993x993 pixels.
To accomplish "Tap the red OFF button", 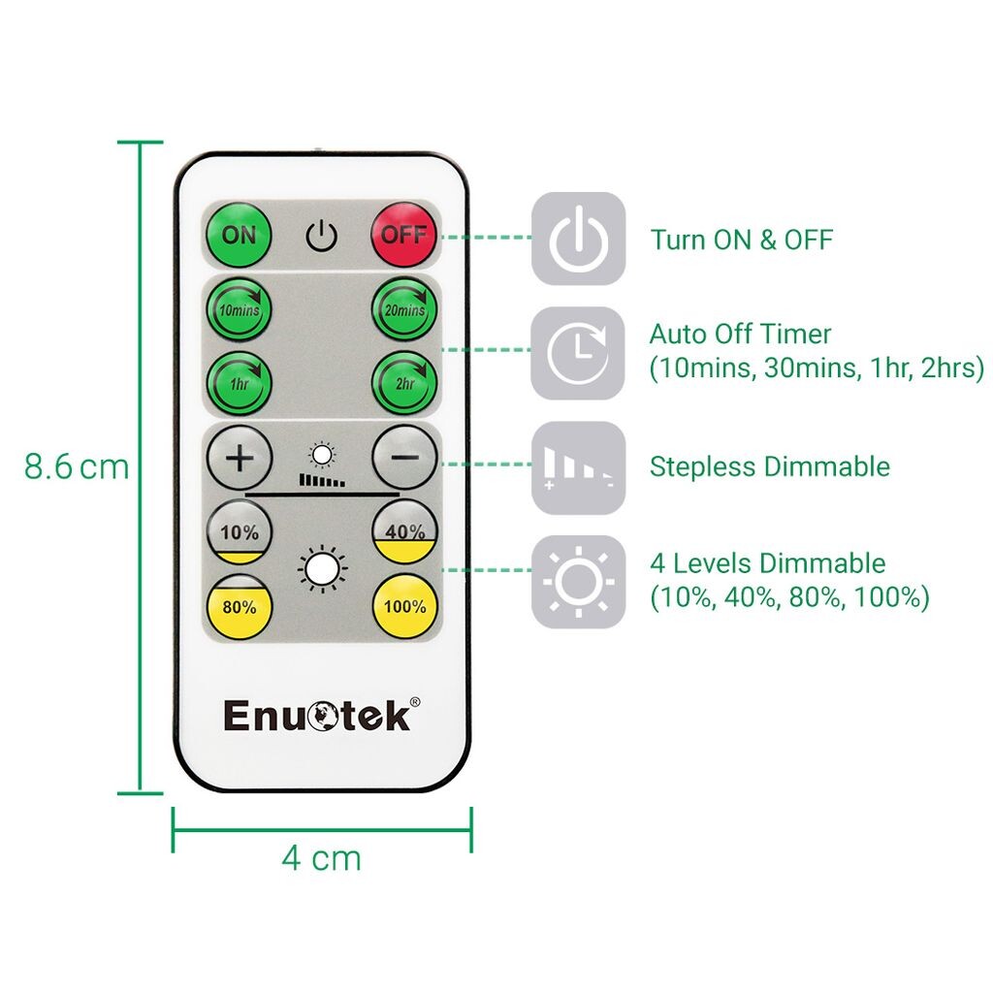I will pyautogui.click(x=404, y=235).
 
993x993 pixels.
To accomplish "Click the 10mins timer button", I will pyautogui.click(x=240, y=310).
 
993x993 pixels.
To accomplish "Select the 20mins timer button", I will pyautogui.click(x=404, y=310).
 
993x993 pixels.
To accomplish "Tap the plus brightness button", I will pyautogui.click(x=240, y=457).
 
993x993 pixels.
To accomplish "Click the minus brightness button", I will pyautogui.click(x=404, y=457).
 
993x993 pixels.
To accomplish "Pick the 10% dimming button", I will pyautogui.click(x=240, y=532).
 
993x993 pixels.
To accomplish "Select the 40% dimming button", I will pyautogui.click(x=404, y=532).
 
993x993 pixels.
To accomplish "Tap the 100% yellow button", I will pyautogui.click(x=404, y=607).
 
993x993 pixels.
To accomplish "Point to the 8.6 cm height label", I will pyautogui.click(x=77, y=466).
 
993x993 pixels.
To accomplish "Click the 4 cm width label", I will pyautogui.click(x=322, y=857).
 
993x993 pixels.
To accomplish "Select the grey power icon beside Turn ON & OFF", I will pyautogui.click(x=578, y=239).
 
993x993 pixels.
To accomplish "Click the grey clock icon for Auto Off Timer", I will pyautogui.click(x=578, y=353).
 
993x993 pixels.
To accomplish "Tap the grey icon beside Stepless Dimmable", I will pyautogui.click(x=578, y=466).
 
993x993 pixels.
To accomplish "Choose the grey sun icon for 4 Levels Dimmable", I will pyautogui.click(x=578, y=581).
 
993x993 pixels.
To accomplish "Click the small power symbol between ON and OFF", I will pyautogui.click(x=321, y=236).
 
